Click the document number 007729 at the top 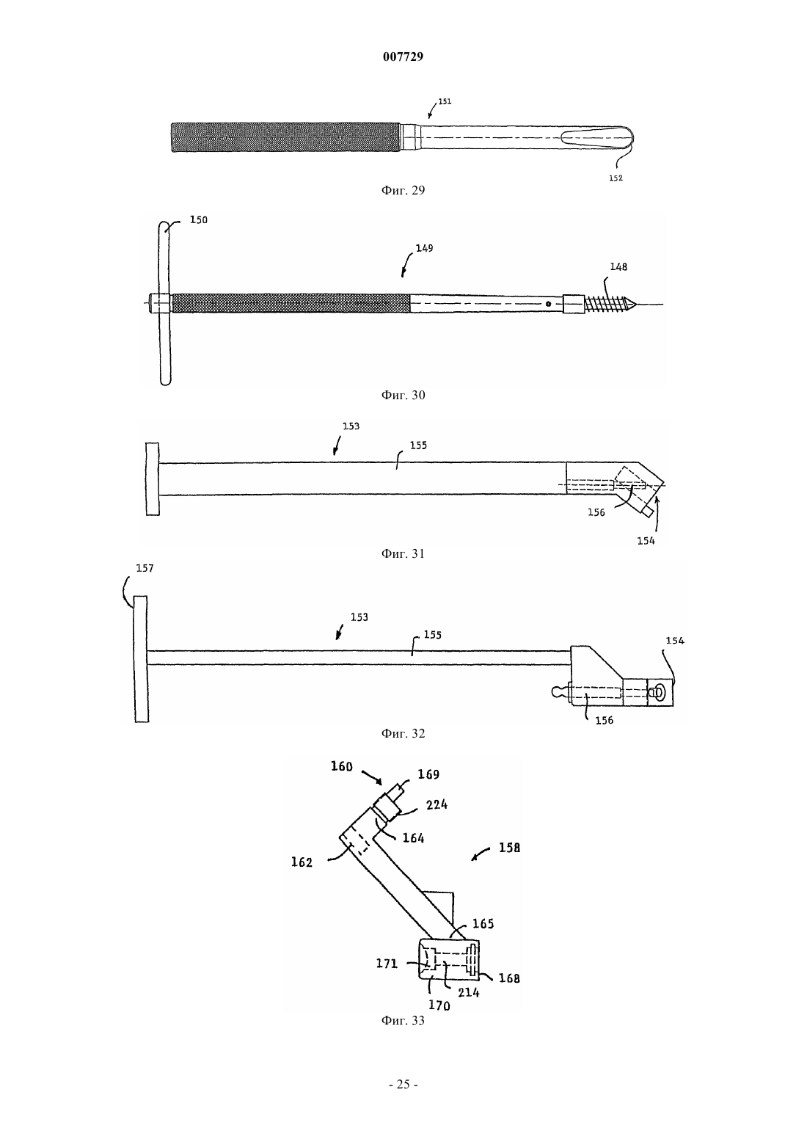[x=403, y=57]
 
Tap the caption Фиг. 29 [x=403, y=190]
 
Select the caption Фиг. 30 [x=403, y=395]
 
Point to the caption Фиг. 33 [x=403, y=1020]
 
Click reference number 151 [x=445, y=101]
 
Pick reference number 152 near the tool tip [x=616, y=178]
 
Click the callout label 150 [x=199, y=219]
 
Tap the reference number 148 [x=618, y=266]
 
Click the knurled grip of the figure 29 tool [x=285, y=138]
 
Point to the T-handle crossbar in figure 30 [x=164, y=303]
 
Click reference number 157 [x=145, y=568]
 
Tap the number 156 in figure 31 [x=596, y=512]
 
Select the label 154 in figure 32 [x=675, y=640]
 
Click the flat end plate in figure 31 [x=153, y=479]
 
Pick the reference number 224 [x=437, y=804]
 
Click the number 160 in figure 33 [x=342, y=766]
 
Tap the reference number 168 [x=509, y=978]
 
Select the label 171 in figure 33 [x=387, y=964]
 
